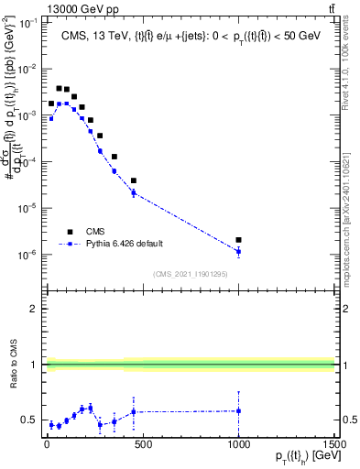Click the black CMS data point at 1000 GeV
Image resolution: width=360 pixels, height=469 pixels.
tap(238, 240)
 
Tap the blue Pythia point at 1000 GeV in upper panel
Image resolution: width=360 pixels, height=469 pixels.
tap(238, 251)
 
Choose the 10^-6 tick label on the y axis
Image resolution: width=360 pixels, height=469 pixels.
tap(27, 255)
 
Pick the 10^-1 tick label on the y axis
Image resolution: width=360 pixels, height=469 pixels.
tap(27, 23)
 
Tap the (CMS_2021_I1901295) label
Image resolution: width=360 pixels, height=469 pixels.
tap(190, 274)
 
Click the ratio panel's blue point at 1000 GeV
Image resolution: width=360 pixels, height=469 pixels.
tap(238, 410)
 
